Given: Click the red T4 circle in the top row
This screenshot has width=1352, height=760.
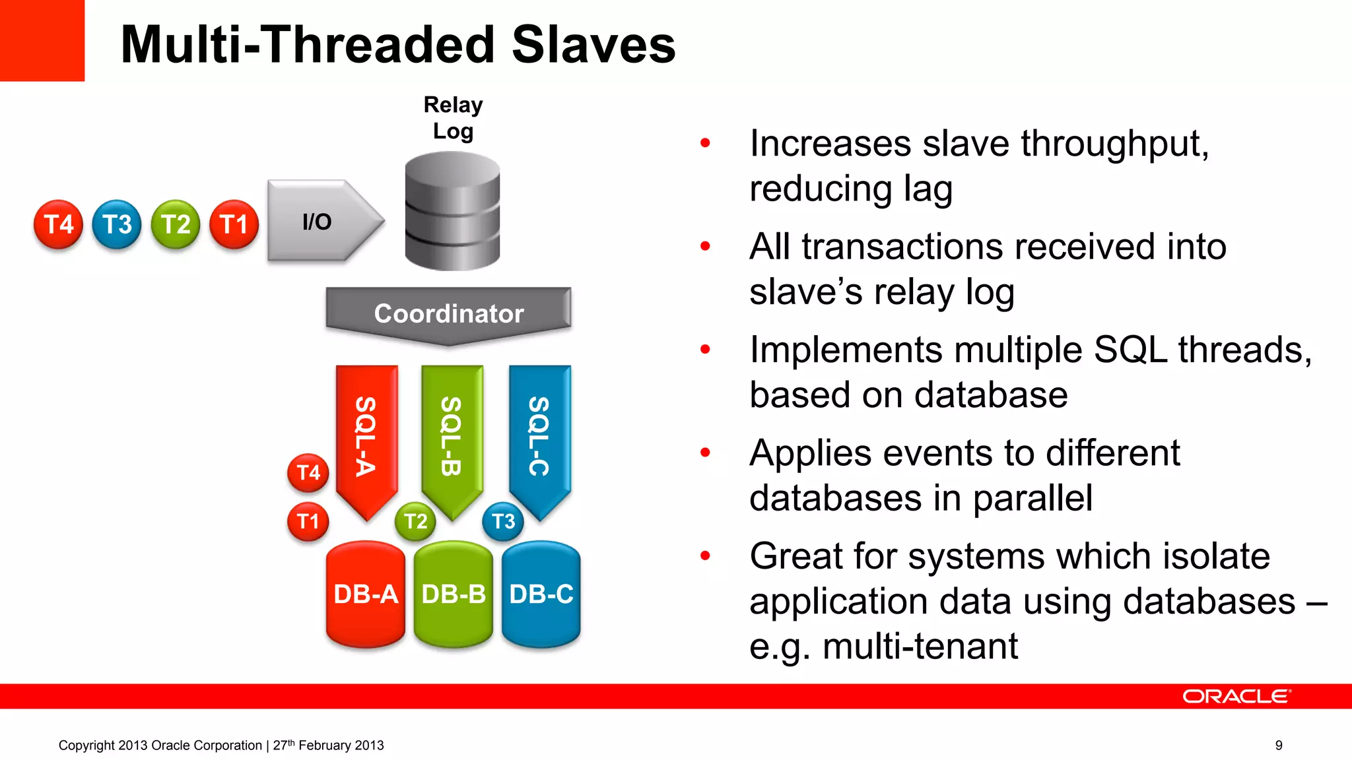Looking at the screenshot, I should pos(58,224).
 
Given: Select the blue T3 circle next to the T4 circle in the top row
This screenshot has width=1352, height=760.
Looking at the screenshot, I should pos(117,224).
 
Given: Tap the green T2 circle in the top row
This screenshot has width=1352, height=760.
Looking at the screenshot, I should pos(176,224).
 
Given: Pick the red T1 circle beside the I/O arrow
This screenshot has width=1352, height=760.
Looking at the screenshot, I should pos(234,224).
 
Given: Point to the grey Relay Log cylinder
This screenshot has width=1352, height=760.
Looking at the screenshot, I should pos(452,211).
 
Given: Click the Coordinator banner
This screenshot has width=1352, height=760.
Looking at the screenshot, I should pos(448,313).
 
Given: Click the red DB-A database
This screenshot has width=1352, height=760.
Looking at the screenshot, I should pos(365,594).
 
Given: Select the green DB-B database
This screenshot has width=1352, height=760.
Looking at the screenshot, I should pos(453,594).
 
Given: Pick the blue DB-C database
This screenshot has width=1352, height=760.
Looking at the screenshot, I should pos(541,594).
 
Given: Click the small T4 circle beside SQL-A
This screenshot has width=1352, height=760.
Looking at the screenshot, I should pos(308,472).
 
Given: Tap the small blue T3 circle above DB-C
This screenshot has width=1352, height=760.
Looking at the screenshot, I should pos(503,521).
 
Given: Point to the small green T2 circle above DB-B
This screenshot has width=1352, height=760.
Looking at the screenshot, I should pos(415,521).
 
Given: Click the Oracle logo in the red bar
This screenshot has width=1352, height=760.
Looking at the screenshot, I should pos(1236,697).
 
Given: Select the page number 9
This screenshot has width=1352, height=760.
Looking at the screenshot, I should pos(1279,745).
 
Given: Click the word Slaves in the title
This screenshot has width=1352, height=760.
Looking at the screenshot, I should pos(593,45).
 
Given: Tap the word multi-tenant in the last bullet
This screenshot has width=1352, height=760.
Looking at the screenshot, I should pos(920,646).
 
